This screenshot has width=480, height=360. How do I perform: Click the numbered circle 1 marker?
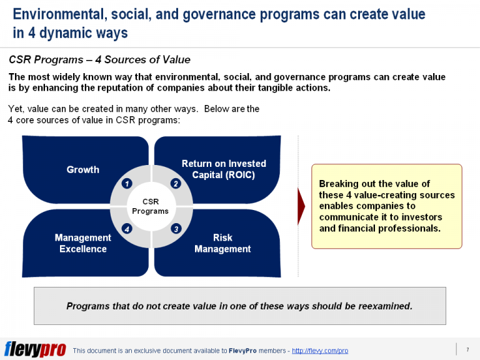127,183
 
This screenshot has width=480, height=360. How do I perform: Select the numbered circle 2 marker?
176,183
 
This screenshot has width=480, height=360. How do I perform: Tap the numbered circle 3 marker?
176,229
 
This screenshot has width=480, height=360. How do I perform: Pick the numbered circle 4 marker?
127,229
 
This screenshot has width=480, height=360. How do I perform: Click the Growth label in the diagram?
82,169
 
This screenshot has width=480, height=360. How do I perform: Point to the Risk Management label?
222,243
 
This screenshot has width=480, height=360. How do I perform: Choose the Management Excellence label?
82,243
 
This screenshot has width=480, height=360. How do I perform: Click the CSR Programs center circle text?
151,206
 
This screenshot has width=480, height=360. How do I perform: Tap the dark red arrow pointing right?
301,206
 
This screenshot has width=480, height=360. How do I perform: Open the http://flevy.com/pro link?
320,351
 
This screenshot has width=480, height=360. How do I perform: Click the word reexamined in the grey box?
381,306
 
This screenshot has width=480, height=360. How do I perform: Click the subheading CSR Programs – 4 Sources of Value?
99,60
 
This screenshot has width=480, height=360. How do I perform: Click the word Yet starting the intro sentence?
16,109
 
